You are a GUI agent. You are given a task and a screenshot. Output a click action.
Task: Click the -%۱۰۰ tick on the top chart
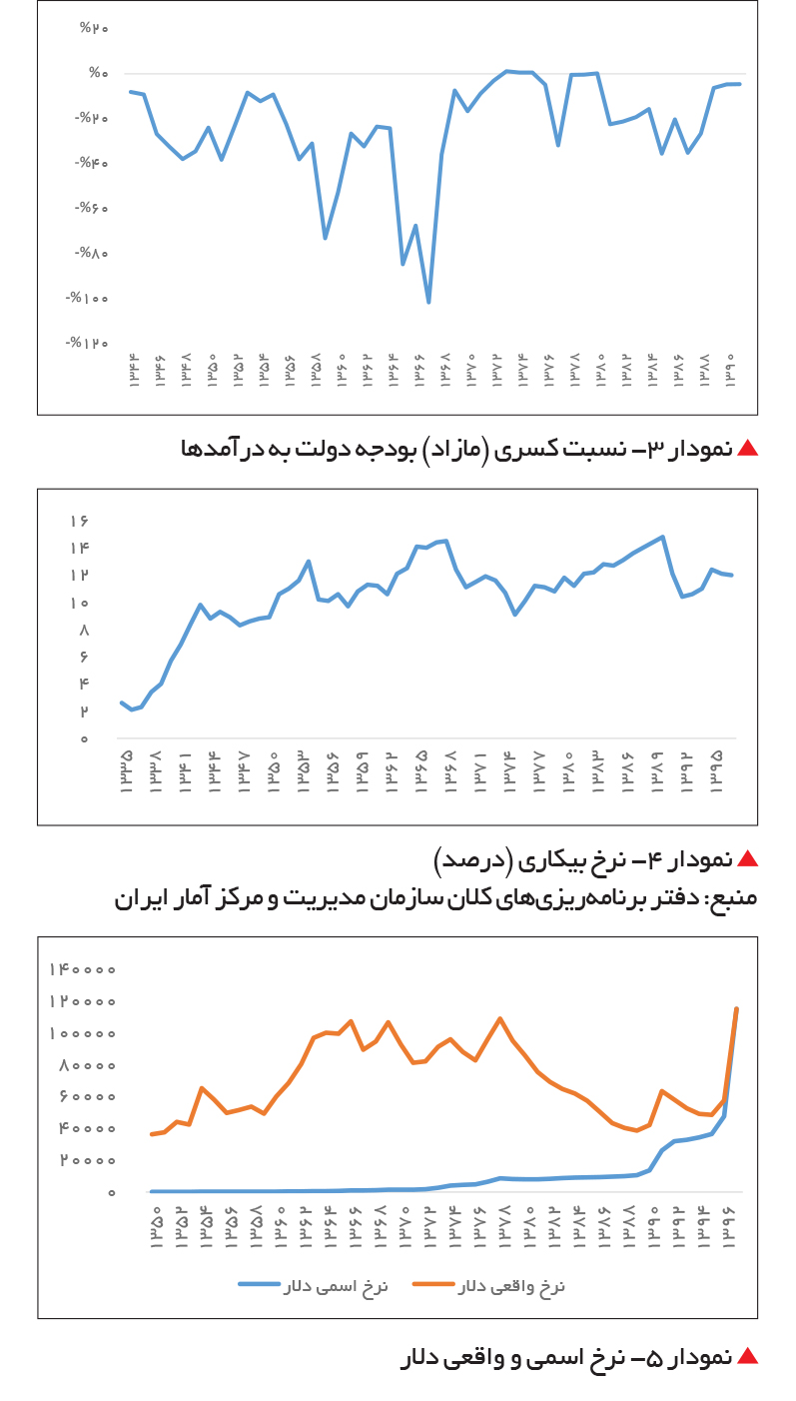(87, 298)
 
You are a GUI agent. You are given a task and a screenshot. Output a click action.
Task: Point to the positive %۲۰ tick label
(94, 28)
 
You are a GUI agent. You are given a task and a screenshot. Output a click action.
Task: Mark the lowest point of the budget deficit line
(428, 303)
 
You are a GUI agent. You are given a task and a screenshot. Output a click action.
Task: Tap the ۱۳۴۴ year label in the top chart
(135, 371)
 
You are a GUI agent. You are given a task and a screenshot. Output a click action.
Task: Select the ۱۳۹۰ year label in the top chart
(730, 371)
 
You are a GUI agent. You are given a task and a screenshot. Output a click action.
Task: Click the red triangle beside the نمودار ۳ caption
(747, 448)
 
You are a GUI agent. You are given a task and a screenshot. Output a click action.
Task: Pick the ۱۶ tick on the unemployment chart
(80, 521)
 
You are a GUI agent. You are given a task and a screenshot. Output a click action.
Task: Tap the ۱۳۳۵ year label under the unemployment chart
(126, 772)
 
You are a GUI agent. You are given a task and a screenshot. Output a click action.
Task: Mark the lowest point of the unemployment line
(131, 709)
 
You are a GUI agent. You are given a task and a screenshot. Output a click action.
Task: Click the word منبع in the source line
(735, 898)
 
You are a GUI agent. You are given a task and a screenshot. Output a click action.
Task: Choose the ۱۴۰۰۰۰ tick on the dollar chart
(83, 969)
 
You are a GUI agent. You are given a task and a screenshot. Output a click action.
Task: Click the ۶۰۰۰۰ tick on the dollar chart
(88, 1096)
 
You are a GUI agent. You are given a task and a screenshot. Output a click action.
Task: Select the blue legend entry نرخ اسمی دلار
(314, 1286)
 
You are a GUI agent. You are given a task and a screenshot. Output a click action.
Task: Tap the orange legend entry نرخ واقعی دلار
(488, 1286)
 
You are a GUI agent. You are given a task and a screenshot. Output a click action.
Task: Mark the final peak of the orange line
(737, 1009)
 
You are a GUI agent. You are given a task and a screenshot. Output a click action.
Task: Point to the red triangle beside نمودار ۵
(747, 1357)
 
